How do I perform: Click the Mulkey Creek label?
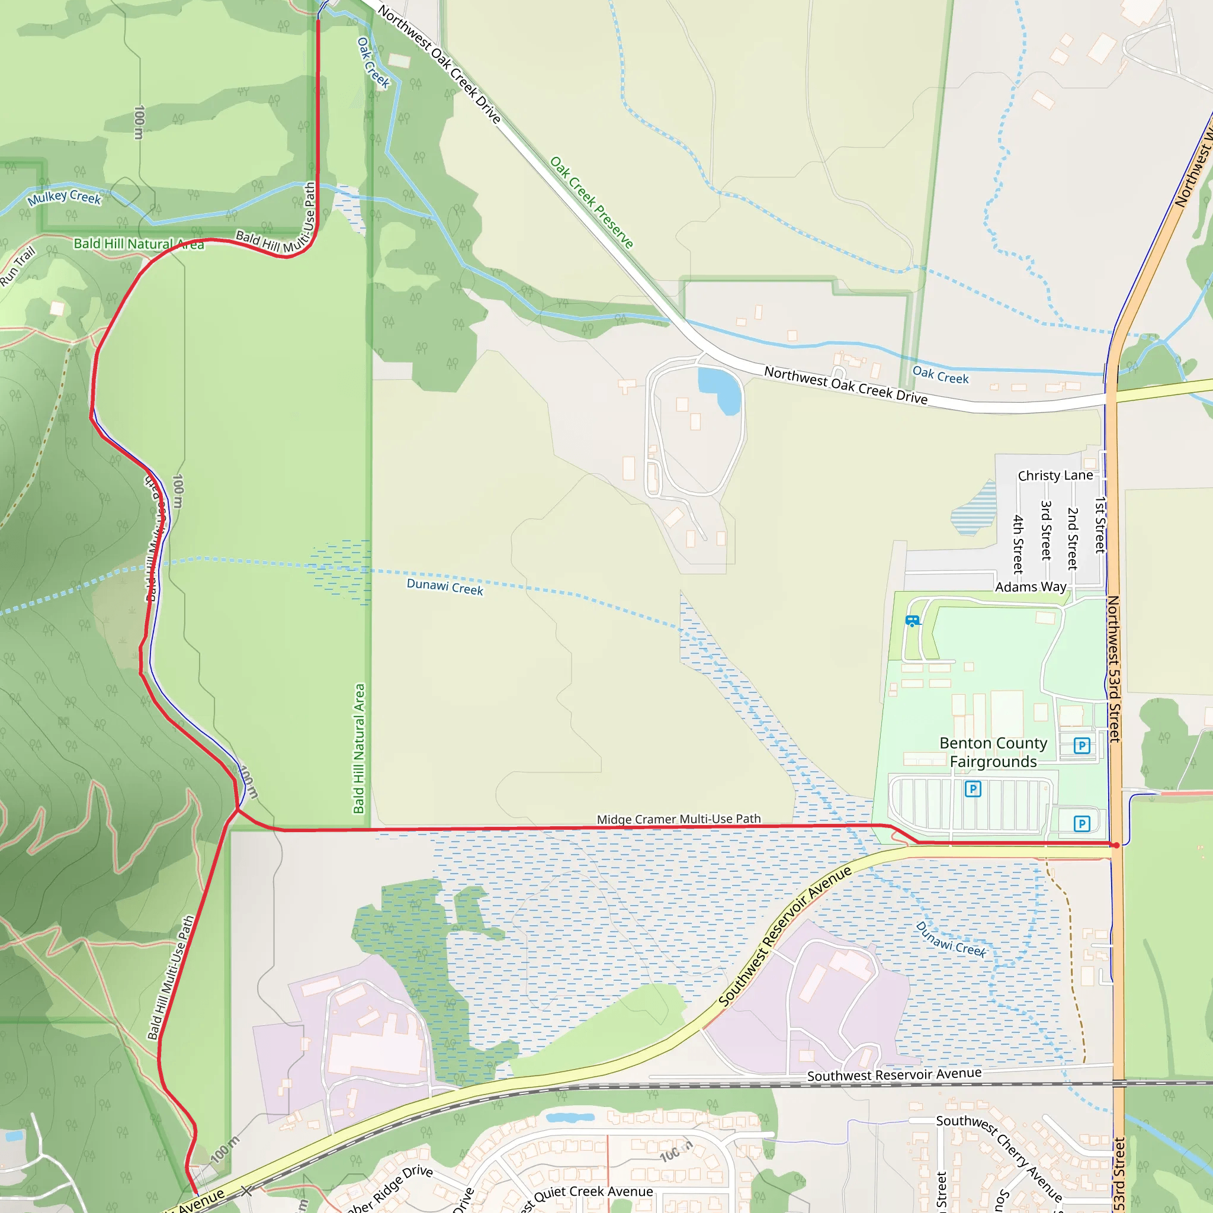pyautogui.click(x=64, y=197)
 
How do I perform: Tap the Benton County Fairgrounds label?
pyautogui.click(x=993, y=752)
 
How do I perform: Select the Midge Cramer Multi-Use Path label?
pyautogui.click(x=679, y=819)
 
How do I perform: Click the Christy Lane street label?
pyautogui.click(x=1055, y=475)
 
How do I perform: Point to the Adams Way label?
pyautogui.click(x=1031, y=586)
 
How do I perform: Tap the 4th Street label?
pyautogui.click(x=1018, y=544)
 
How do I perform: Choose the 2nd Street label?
pyautogui.click(x=1073, y=538)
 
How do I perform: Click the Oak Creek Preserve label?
pyautogui.click(x=592, y=202)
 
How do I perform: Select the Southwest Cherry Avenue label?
pyautogui.click(x=1000, y=1162)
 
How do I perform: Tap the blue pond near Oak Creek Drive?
pyautogui.click(x=721, y=389)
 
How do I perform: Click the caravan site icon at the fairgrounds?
pyautogui.click(x=912, y=621)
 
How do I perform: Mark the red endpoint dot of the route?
pyautogui.click(x=1116, y=845)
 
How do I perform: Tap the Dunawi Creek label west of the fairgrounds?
pyautogui.click(x=445, y=586)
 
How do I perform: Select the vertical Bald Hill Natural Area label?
pyautogui.click(x=359, y=749)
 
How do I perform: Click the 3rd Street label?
pyautogui.click(x=1046, y=530)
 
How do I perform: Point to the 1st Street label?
pyautogui.click(x=1100, y=525)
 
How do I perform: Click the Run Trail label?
pyautogui.click(x=18, y=267)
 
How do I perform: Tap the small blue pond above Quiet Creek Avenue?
pyautogui.click(x=569, y=1118)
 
